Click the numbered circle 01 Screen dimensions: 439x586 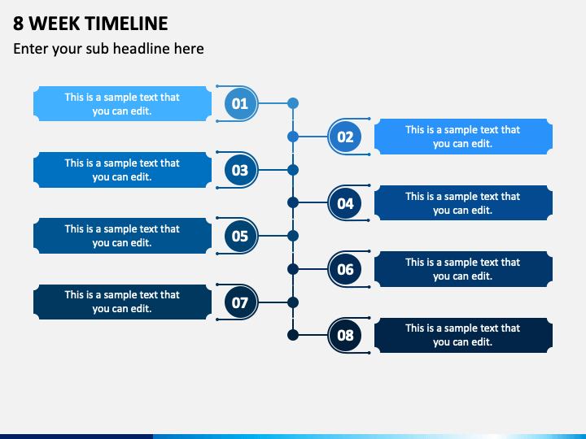click(x=240, y=104)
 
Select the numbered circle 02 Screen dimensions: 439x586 click(x=346, y=137)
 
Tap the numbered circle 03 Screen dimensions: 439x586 click(x=240, y=171)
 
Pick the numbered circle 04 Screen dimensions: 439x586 click(x=346, y=203)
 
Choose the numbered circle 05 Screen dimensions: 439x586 click(x=240, y=237)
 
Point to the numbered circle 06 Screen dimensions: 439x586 click(x=346, y=269)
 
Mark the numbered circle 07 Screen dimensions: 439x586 click(x=240, y=303)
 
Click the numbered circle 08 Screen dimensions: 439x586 click(x=346, y=335)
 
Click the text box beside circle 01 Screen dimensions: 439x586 click(x=122, y=104)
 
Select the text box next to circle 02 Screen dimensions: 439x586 click(x=463, y=137)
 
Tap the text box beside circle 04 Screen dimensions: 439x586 click(x=463, y=203)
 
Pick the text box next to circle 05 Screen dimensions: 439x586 click(x=122, y=236)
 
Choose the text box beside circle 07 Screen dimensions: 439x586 click(x=122, y=302)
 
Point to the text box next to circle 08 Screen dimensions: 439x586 click(x=463, y=335)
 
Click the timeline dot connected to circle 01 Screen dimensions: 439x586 click(x=293, y=103)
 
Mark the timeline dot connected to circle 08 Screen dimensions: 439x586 click(x=293, y=334)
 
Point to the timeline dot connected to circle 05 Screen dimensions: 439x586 click(x=293, y=236)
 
